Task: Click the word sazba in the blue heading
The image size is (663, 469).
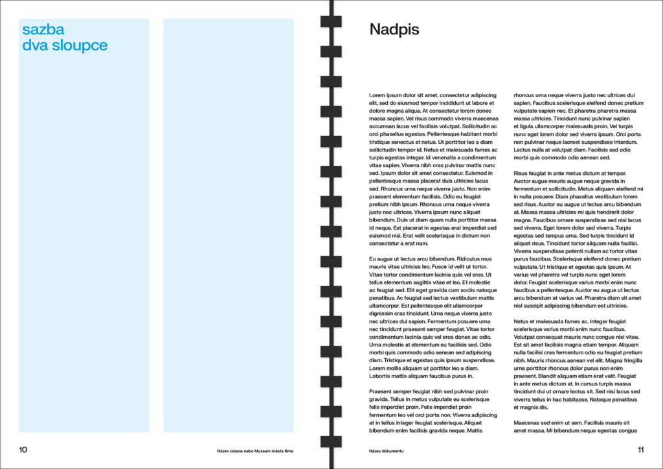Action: click(43, 29)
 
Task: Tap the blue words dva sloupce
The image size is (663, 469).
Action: click(65, 45)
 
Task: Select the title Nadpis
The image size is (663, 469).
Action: click(394, 29)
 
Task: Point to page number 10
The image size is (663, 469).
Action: click(23, 450)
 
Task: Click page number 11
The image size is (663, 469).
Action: click(640, 450)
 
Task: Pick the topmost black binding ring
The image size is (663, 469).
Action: click(331, 22)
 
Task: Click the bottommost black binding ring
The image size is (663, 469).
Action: click(331, 441)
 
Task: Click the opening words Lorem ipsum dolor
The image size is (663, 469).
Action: click(392, 95)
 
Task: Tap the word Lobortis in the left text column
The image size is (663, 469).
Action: click(381, 376)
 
